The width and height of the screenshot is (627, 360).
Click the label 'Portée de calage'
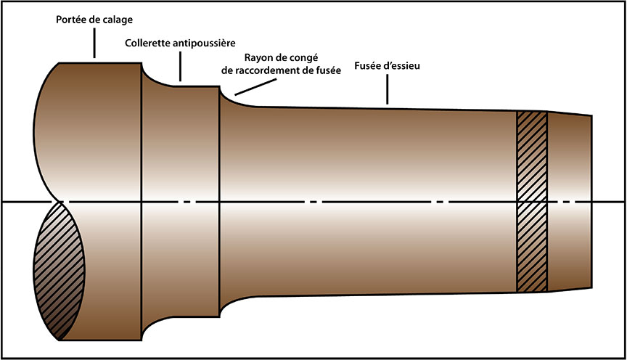(94, 19)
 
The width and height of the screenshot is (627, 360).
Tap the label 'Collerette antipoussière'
(180, 44)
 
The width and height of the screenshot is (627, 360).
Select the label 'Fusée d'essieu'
(388, 67)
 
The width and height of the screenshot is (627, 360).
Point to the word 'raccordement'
(272, 71)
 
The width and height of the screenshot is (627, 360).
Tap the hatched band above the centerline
(530, 155)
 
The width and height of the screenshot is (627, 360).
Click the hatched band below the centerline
(530, 247)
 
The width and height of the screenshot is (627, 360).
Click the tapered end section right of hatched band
(569, 200)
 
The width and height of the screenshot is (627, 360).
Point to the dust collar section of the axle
(180, 200)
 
